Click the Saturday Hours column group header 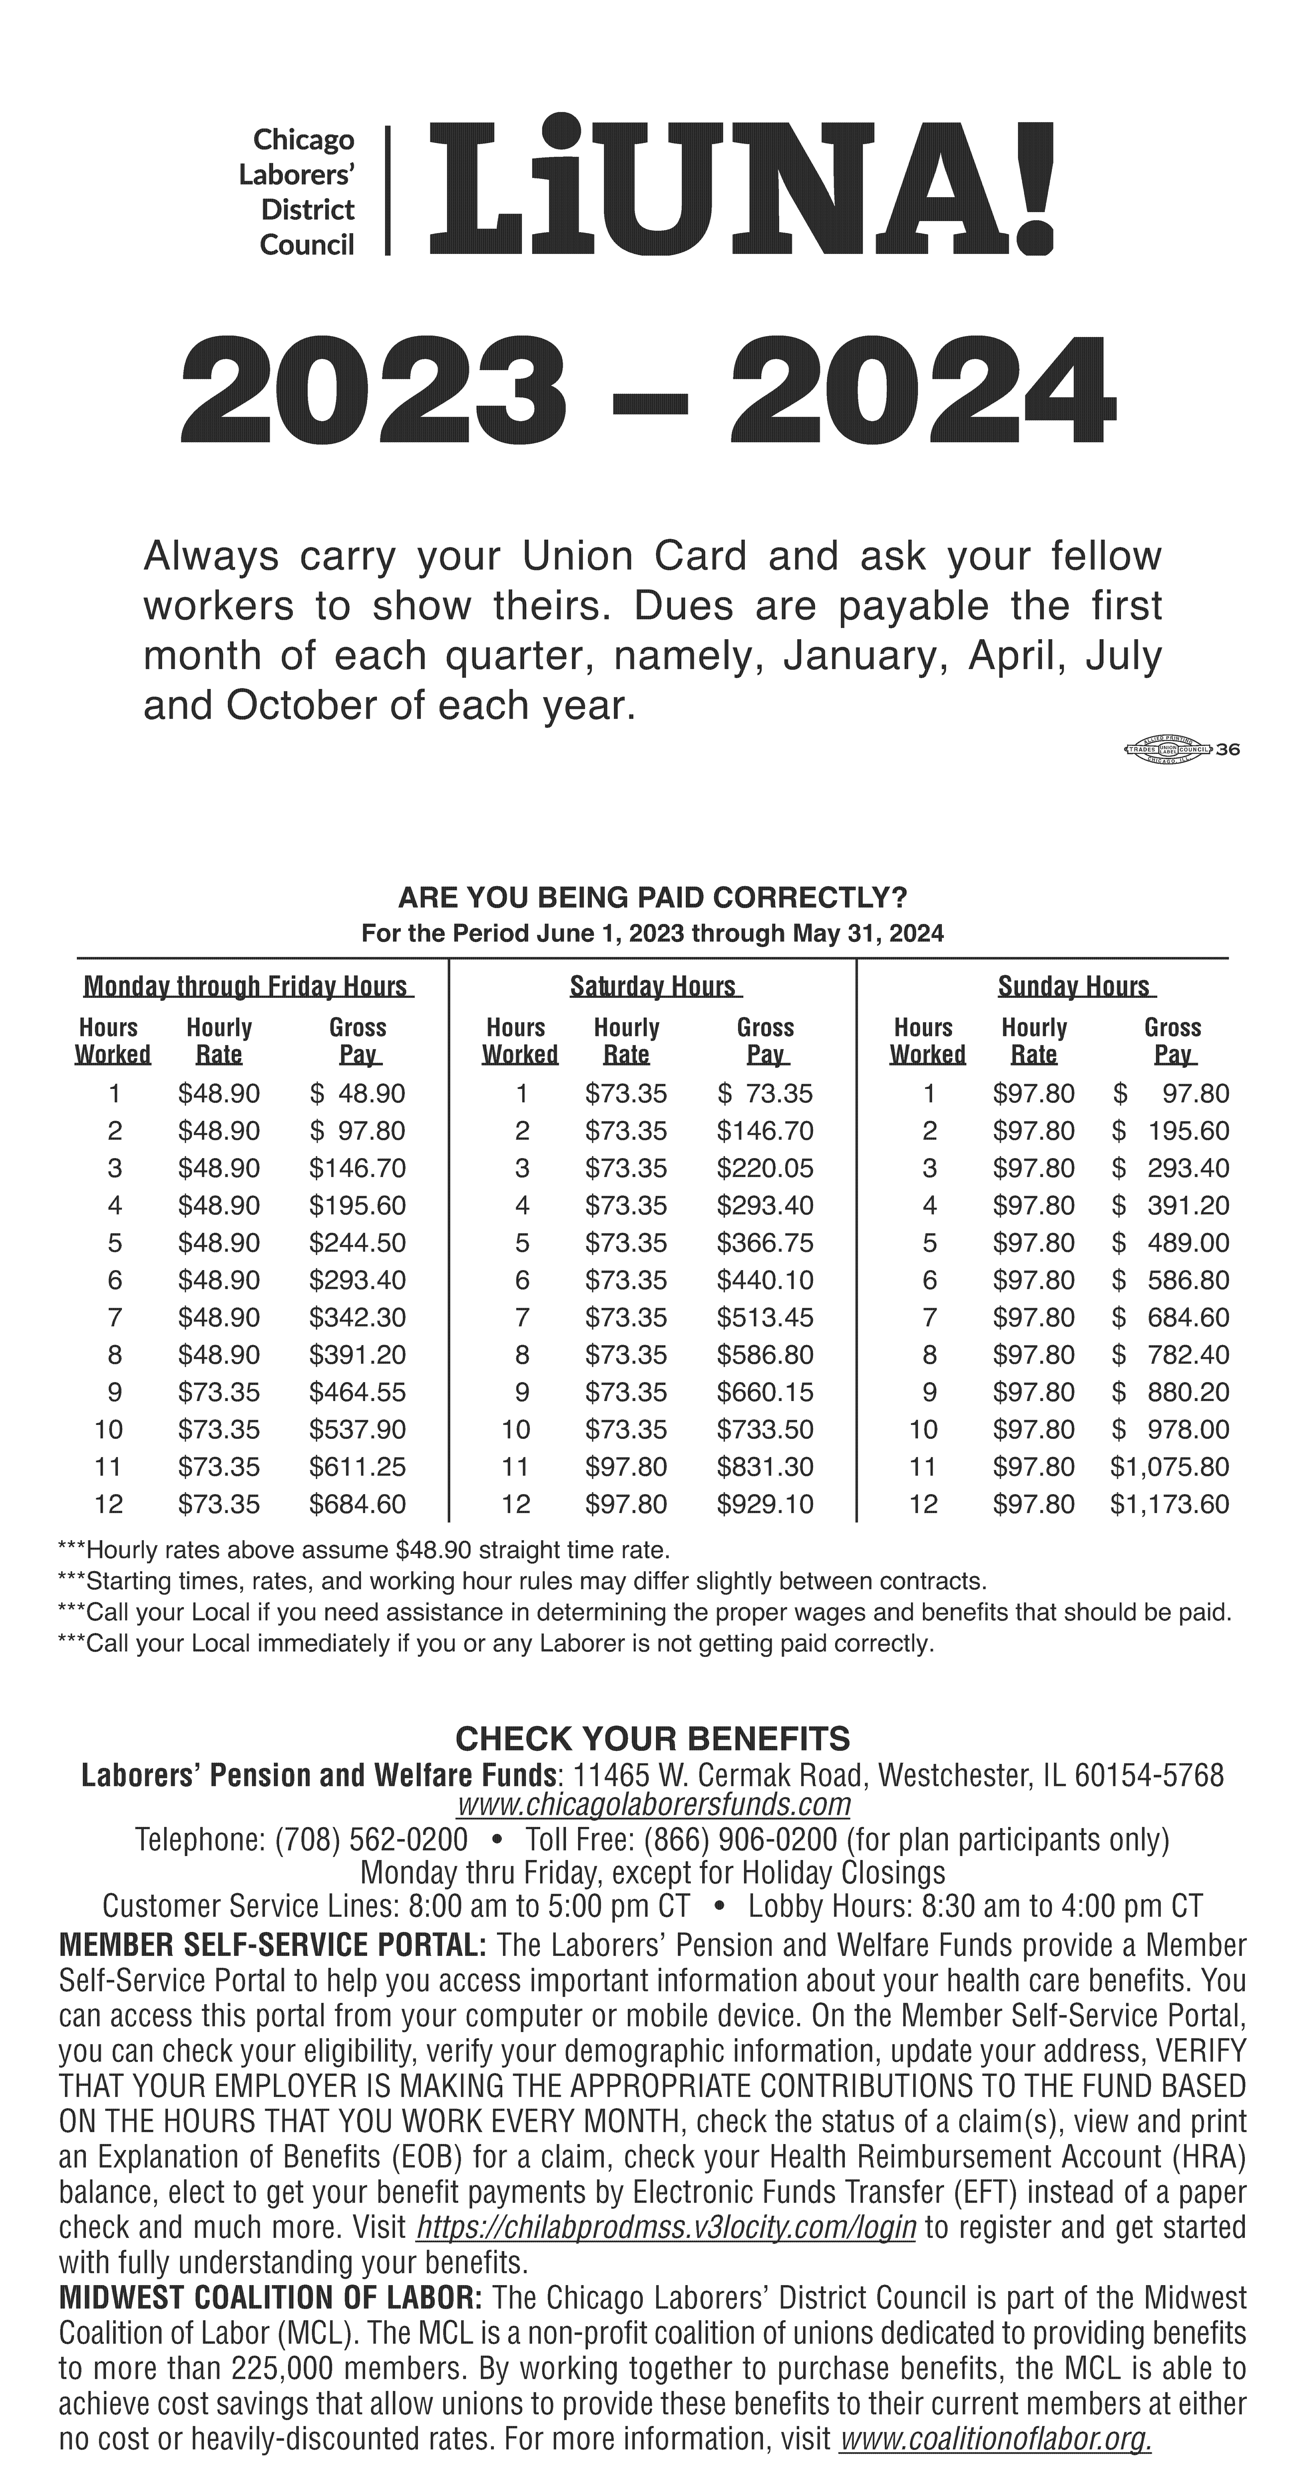[654, 986]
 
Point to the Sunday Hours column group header [1074, 986]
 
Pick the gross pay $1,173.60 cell [1169, 1505]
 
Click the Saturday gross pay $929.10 [765, 1505]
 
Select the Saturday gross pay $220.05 [765, 1168]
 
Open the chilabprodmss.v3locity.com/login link [666, 2228]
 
